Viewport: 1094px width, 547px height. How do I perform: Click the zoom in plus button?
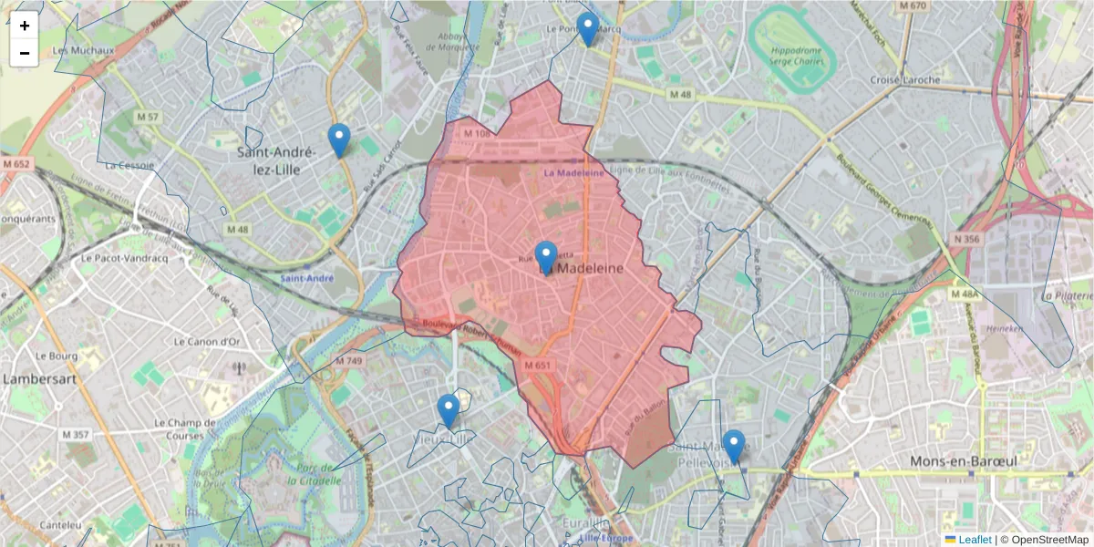coord(25,26)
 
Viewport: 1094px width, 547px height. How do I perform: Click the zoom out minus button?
coord(25,53)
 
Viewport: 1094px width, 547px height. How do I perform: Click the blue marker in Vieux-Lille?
coord(448,410)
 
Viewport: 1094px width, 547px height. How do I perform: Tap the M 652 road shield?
coord(16,164)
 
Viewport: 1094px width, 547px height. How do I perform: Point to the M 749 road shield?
coord(348,361)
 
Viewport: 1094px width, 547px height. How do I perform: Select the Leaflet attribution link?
coord(975,540)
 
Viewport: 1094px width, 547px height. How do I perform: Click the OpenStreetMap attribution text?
coord(1049,540)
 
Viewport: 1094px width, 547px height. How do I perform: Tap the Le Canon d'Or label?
coord(206,341)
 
